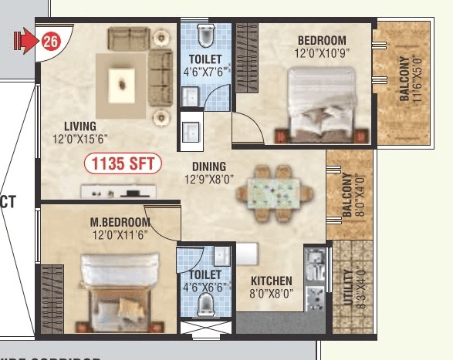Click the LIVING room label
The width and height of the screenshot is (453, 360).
point(80,126)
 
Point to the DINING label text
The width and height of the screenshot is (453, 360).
point(209,166)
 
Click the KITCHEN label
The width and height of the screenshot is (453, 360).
point(271,281)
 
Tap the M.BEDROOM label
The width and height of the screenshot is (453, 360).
point(120,223)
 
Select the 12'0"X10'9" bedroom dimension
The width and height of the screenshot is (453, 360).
point(319,55)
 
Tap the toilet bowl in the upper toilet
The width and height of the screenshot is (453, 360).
point(205,35)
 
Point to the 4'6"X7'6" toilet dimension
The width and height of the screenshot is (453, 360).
point(205,73)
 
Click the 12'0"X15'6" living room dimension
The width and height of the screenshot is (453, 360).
point(80,139)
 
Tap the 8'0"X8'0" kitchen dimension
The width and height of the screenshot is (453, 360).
point(271,294)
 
